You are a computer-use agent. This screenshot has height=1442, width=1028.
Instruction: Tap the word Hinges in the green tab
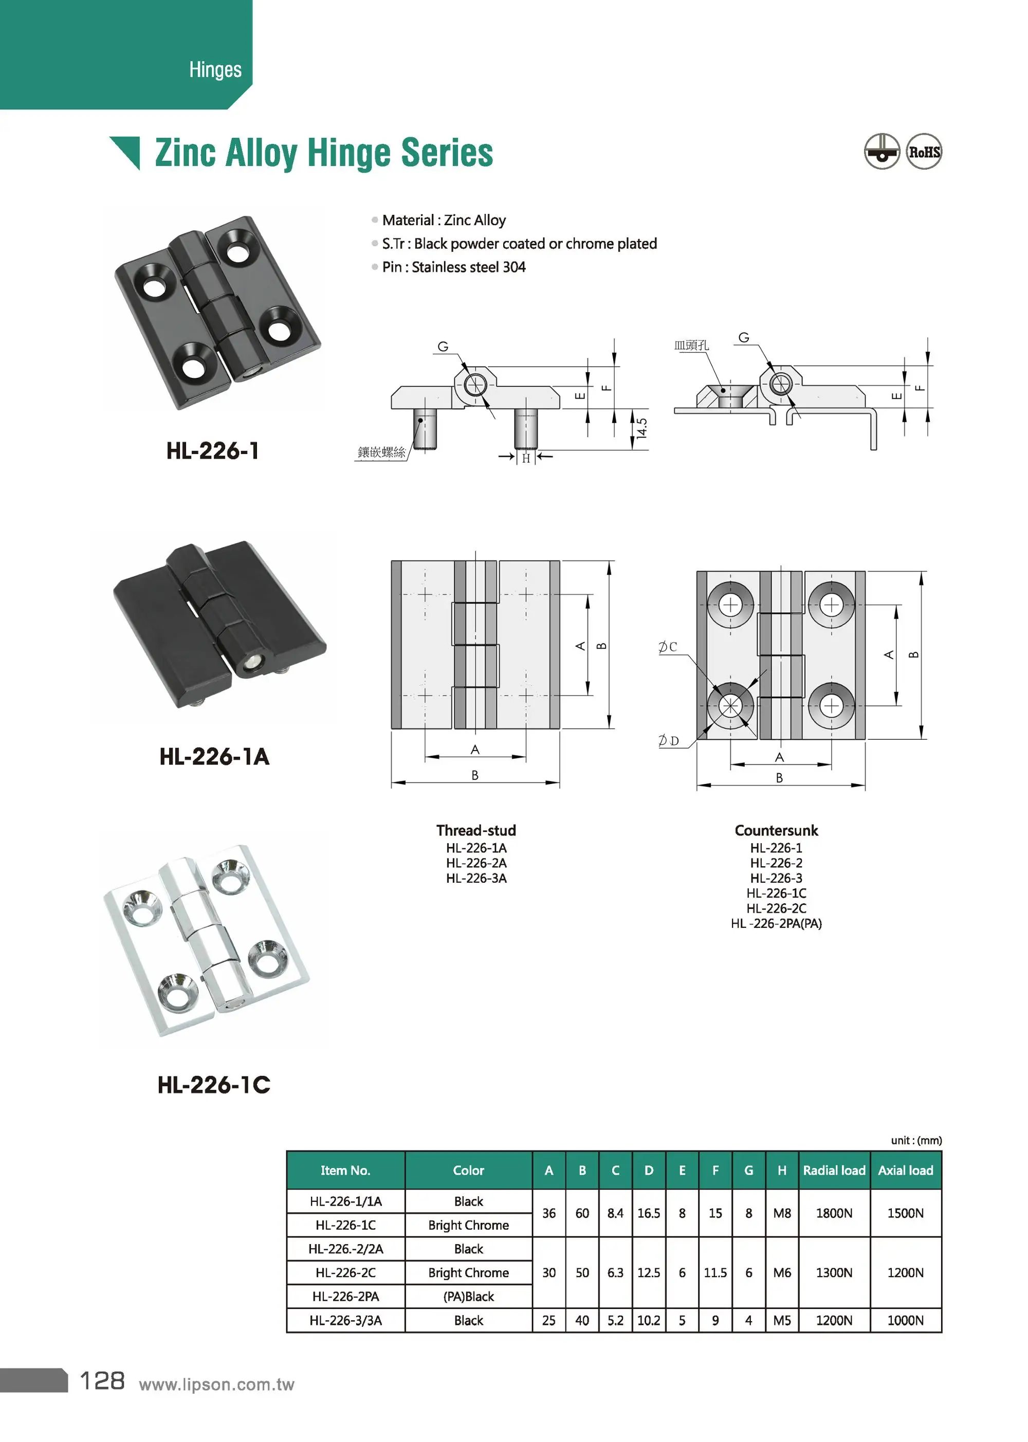pyautogui.click(x=215, y=69)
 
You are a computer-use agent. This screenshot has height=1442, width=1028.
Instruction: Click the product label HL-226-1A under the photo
pyautogui.click(x=214, y=756)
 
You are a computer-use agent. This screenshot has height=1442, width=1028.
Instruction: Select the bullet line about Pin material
pyautogui.click(x=453, y=267)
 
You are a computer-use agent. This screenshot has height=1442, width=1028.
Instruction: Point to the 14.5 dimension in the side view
pyautogui.click(x=642, y=429)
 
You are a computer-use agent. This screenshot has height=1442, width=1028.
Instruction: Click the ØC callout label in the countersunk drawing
pyautogui.click(x=668, y=647)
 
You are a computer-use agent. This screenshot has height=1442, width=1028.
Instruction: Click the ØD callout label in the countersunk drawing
pyautogui.click(x=668, y=741)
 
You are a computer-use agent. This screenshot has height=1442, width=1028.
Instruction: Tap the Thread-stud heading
pyautogui.click(x=476, y=831)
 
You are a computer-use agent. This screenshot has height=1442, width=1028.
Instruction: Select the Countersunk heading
pyautogui.click(x=776, y=831)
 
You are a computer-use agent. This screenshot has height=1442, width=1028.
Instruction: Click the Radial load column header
pyautogui.click(x=834, y=1171)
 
